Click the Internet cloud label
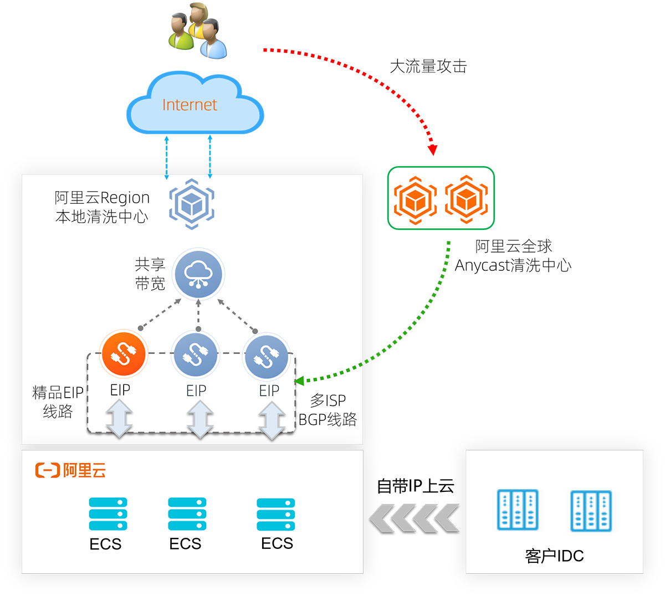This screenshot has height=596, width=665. pos(190,105)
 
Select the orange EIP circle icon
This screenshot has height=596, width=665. pos(124,354)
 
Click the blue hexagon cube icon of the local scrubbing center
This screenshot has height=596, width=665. pos(191,204)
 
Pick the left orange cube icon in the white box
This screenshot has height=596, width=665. pos(415,199)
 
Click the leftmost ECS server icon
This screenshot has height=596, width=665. pos(108,514)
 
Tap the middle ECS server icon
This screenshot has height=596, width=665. pos(187,514)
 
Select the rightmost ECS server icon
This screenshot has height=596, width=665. pos(276,514)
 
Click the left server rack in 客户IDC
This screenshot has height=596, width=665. pos(518,510)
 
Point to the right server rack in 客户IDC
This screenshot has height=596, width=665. pos(591,510)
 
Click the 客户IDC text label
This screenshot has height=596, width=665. pos(554,556)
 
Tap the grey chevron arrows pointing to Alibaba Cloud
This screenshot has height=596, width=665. pos(414,518)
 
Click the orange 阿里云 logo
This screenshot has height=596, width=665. pos(70,471)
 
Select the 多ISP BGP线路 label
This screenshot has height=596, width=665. pos(328,410)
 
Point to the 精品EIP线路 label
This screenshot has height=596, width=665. pos(58,402)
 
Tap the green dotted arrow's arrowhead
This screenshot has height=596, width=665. pos(299,381)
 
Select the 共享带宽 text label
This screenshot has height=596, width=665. pos(150,274)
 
